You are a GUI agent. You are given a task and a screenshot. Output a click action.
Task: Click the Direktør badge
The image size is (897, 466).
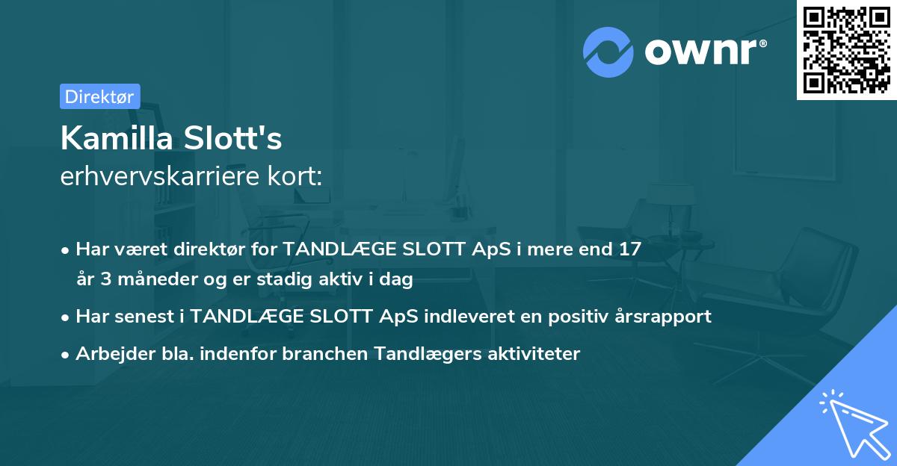(99, 96)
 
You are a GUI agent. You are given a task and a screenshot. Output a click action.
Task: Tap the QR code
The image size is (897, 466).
(846, 49)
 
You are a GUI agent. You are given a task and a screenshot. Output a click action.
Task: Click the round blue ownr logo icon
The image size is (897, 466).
(608, 52)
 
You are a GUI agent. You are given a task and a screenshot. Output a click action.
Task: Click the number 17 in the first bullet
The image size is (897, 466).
(629, 249)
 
